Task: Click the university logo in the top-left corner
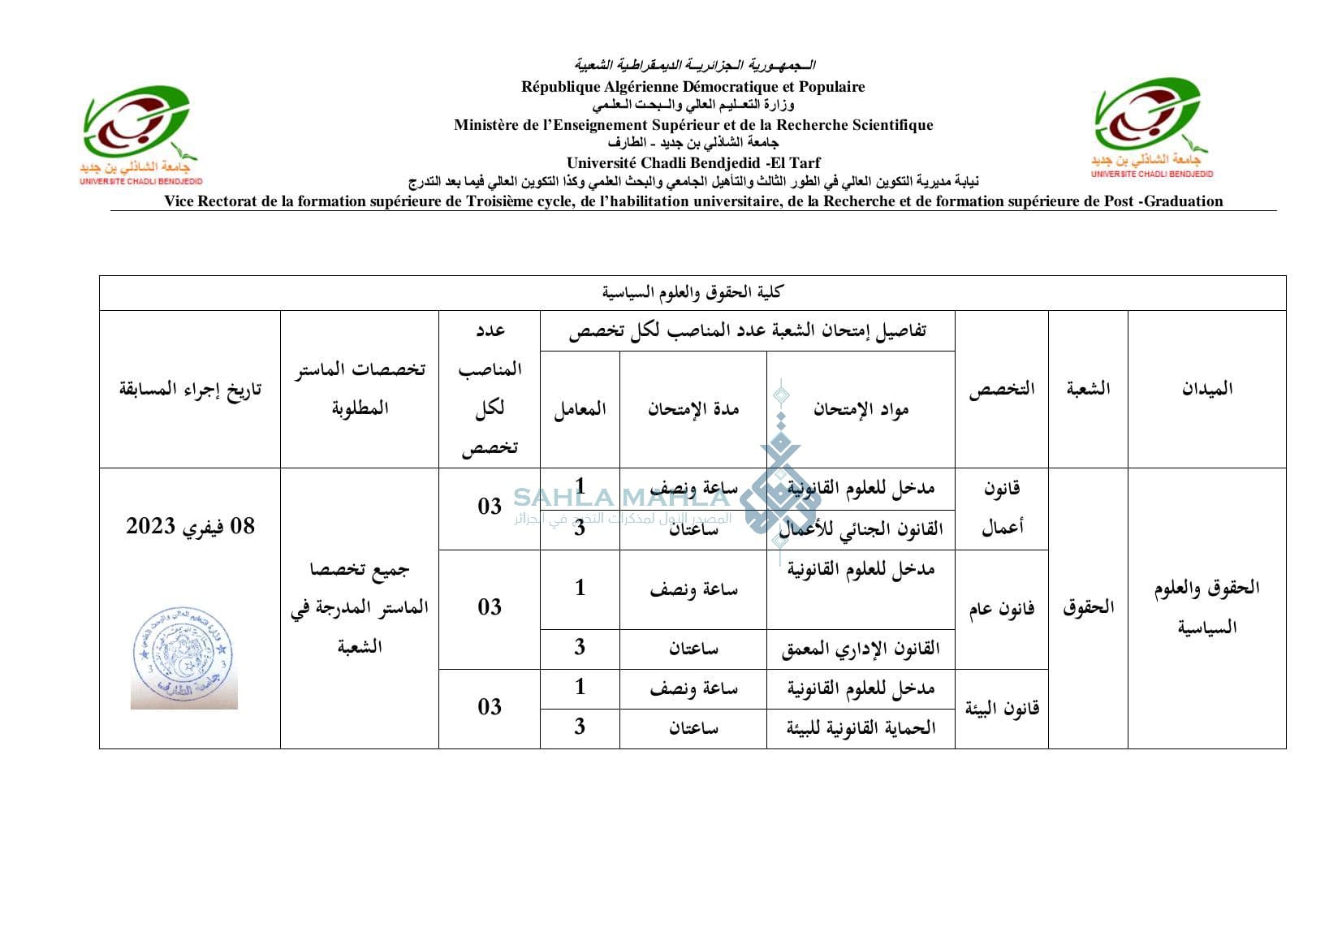(140, 134)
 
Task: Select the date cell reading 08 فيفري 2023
(190, 526)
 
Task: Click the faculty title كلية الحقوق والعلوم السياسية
(692, 292)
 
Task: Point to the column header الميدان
(1206, 389)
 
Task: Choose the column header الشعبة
(1088, 389)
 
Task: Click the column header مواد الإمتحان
(861, 409)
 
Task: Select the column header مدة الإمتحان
(693, 409)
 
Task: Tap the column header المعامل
(580, 409)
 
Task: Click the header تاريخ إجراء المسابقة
(190, 390)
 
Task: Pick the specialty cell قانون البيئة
(1002, 709)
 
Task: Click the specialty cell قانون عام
(1002, 610)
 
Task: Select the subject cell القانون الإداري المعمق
(861, 649)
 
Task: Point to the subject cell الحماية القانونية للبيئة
(861, 728)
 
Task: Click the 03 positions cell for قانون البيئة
(490, 707)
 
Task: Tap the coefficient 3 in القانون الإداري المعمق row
(580, 647)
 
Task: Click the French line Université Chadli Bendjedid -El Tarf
(693, 163)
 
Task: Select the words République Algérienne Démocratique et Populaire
(693, 87)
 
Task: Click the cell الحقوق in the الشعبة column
(1088, 607)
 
